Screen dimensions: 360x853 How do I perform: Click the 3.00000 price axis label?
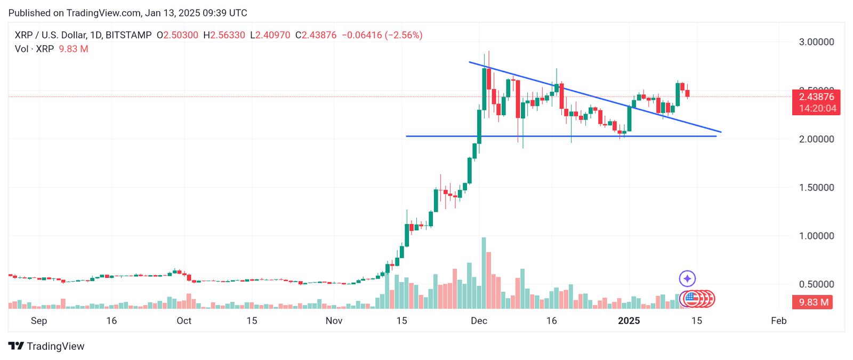[816, 42]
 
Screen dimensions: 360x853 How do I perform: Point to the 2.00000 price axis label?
[816, 139]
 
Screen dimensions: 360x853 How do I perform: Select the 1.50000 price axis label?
[816, 188]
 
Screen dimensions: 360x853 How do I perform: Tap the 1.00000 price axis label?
[816, 236]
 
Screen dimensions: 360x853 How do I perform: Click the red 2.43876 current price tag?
[816, 97]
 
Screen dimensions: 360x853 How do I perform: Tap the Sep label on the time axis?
[39, 321]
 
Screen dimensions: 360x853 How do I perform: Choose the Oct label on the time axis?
[184, 321]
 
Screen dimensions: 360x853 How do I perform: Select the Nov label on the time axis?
[334, 321]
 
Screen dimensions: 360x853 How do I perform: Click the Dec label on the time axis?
[479, 321]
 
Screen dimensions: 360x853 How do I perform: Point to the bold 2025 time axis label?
[629, 321]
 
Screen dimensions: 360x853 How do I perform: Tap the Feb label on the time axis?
[778, 321]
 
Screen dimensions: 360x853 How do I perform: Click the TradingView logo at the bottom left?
[46, 346]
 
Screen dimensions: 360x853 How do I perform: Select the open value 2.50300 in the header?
[181, 35]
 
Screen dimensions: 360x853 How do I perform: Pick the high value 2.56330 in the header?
[228, 35]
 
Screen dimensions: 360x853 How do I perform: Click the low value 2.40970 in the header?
[273, 35]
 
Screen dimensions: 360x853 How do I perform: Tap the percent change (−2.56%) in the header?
[404, 35]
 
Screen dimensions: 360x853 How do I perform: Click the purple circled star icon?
[687, 278]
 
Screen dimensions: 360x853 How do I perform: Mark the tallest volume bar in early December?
[484, 273]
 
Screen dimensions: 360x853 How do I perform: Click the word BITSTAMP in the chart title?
[128, 35]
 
